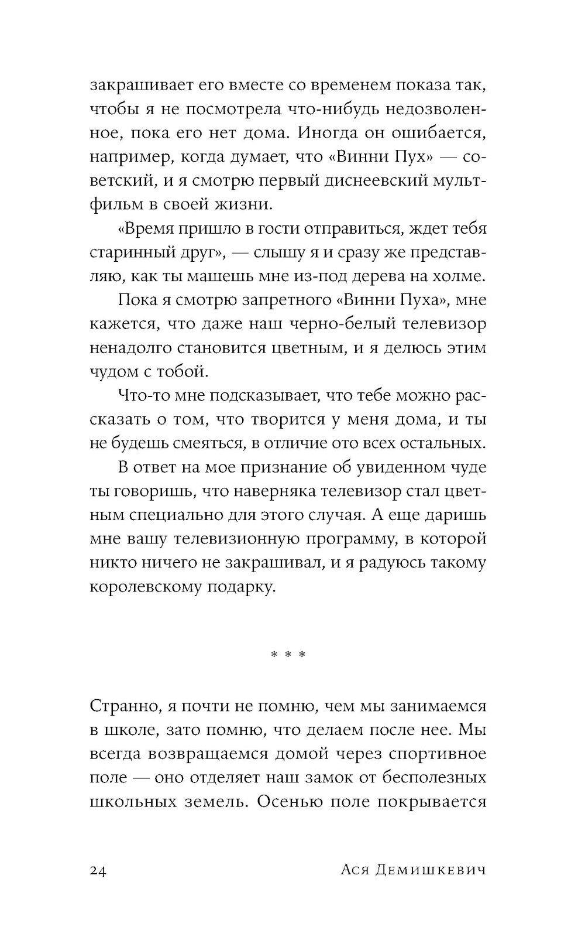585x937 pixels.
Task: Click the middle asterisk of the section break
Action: tap(287, 654)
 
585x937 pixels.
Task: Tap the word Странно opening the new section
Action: tap(121, 706)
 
